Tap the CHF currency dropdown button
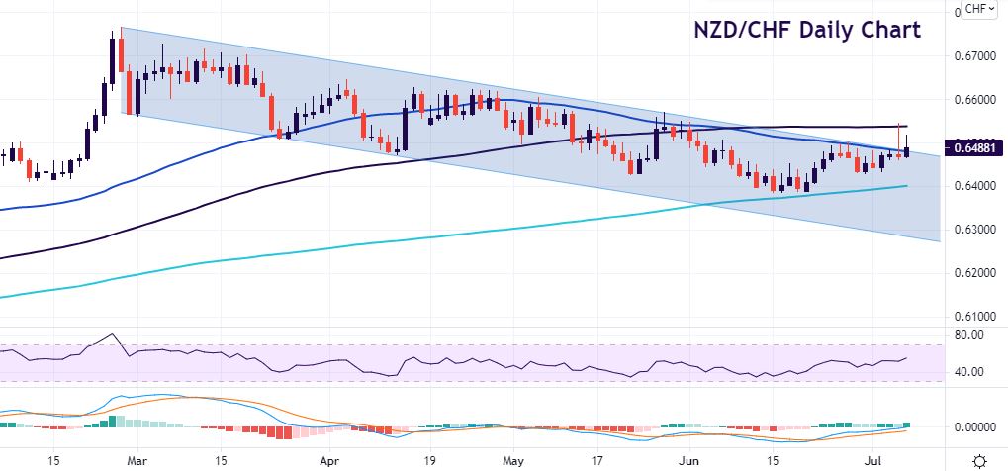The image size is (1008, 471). [x=980, y=9]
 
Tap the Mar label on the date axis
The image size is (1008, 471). [x=139, y=460]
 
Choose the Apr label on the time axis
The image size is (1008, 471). [x=327, y=460]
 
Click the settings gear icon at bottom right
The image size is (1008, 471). [x=979, y=460]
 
